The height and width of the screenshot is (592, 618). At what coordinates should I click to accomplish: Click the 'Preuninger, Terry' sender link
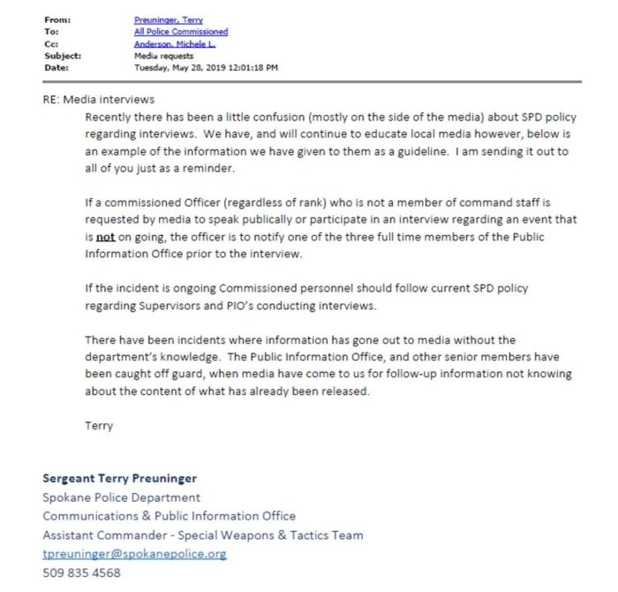(168, 19)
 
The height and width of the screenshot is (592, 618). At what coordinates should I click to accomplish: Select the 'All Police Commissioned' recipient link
(180, 32)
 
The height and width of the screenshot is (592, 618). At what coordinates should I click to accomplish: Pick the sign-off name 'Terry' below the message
(99, 425)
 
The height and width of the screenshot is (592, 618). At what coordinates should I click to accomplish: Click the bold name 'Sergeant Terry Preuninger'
(120, 478)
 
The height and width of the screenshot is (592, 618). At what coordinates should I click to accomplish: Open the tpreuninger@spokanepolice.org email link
(135, 554)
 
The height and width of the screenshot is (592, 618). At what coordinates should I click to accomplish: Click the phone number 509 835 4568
(81, 573)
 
